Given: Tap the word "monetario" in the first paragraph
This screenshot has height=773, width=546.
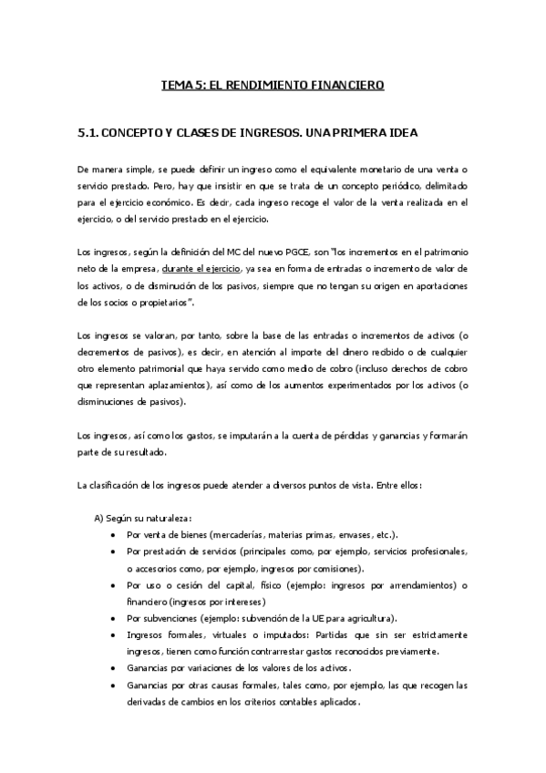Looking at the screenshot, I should (x=383, y=170).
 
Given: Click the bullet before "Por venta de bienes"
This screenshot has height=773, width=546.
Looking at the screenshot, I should (x=112, y=535).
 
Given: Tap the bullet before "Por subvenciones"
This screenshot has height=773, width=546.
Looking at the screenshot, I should (x=112, y=618).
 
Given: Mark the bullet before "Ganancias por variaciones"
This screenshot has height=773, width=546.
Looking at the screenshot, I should (x=112, y=668).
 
